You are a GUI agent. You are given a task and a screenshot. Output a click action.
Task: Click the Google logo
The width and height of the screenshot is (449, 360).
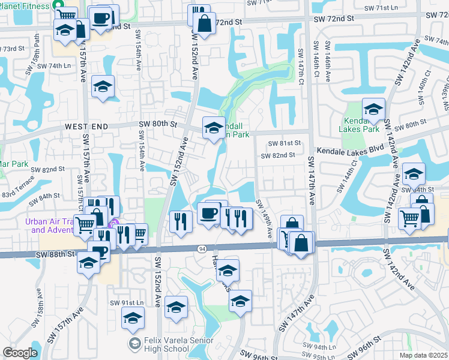click(20, 353)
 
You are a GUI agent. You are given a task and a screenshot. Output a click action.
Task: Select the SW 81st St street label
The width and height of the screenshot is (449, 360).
click(284, 143)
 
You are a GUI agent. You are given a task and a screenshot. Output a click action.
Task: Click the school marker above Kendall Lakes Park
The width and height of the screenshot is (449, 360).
click(373, 109)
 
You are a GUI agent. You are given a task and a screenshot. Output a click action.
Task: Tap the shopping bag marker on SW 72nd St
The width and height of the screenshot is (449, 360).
click(205, 25)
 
